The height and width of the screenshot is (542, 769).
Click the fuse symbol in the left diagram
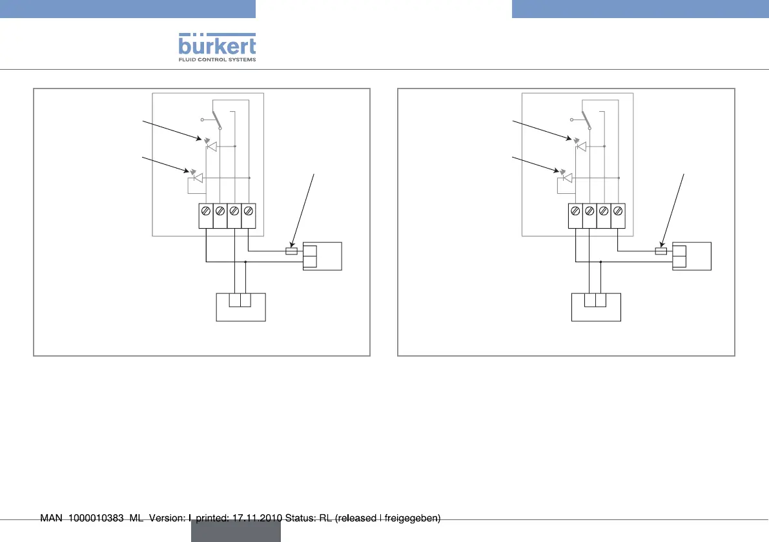pyautogui.click(x=291, y=251)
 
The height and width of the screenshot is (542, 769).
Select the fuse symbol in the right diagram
pyautogui.click(x=661, y=251)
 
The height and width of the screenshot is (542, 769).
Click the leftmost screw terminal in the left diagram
pyautogui.click(x=205, y=211)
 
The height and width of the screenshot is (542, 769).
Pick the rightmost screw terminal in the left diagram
pyautogui.click(x=249, y=211)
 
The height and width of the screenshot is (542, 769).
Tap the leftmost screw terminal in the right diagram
pyautogui.click(x=575, y=211)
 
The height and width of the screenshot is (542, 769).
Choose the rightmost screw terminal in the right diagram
pyautogui.click(x=618, y=211)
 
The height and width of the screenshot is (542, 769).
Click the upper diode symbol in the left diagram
pyautogui.click(x=210, y=147)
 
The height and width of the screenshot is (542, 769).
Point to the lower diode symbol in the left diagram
pyautogui.click(x=198, y=178)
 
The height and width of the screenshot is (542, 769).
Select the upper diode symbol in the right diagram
pyautogui.click(x=580, y=147)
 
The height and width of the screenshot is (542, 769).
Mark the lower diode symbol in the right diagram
pyautogui.click(x=567, y=178)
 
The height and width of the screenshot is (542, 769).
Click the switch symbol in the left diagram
pyautogui.click(x=219, y=120)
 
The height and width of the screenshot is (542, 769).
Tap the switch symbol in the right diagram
pyautogui.click(x=588, y=120)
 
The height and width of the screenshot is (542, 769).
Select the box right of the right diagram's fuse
pyautogui.click(x=692, y=256)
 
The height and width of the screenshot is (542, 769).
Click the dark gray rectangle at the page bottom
pyautogui.click(x=236, y=531)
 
